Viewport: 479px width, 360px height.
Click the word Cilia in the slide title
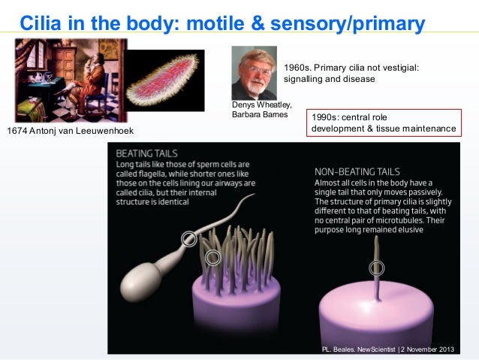41,23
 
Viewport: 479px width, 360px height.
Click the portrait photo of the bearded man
255,74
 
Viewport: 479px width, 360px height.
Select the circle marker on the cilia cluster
215,258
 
